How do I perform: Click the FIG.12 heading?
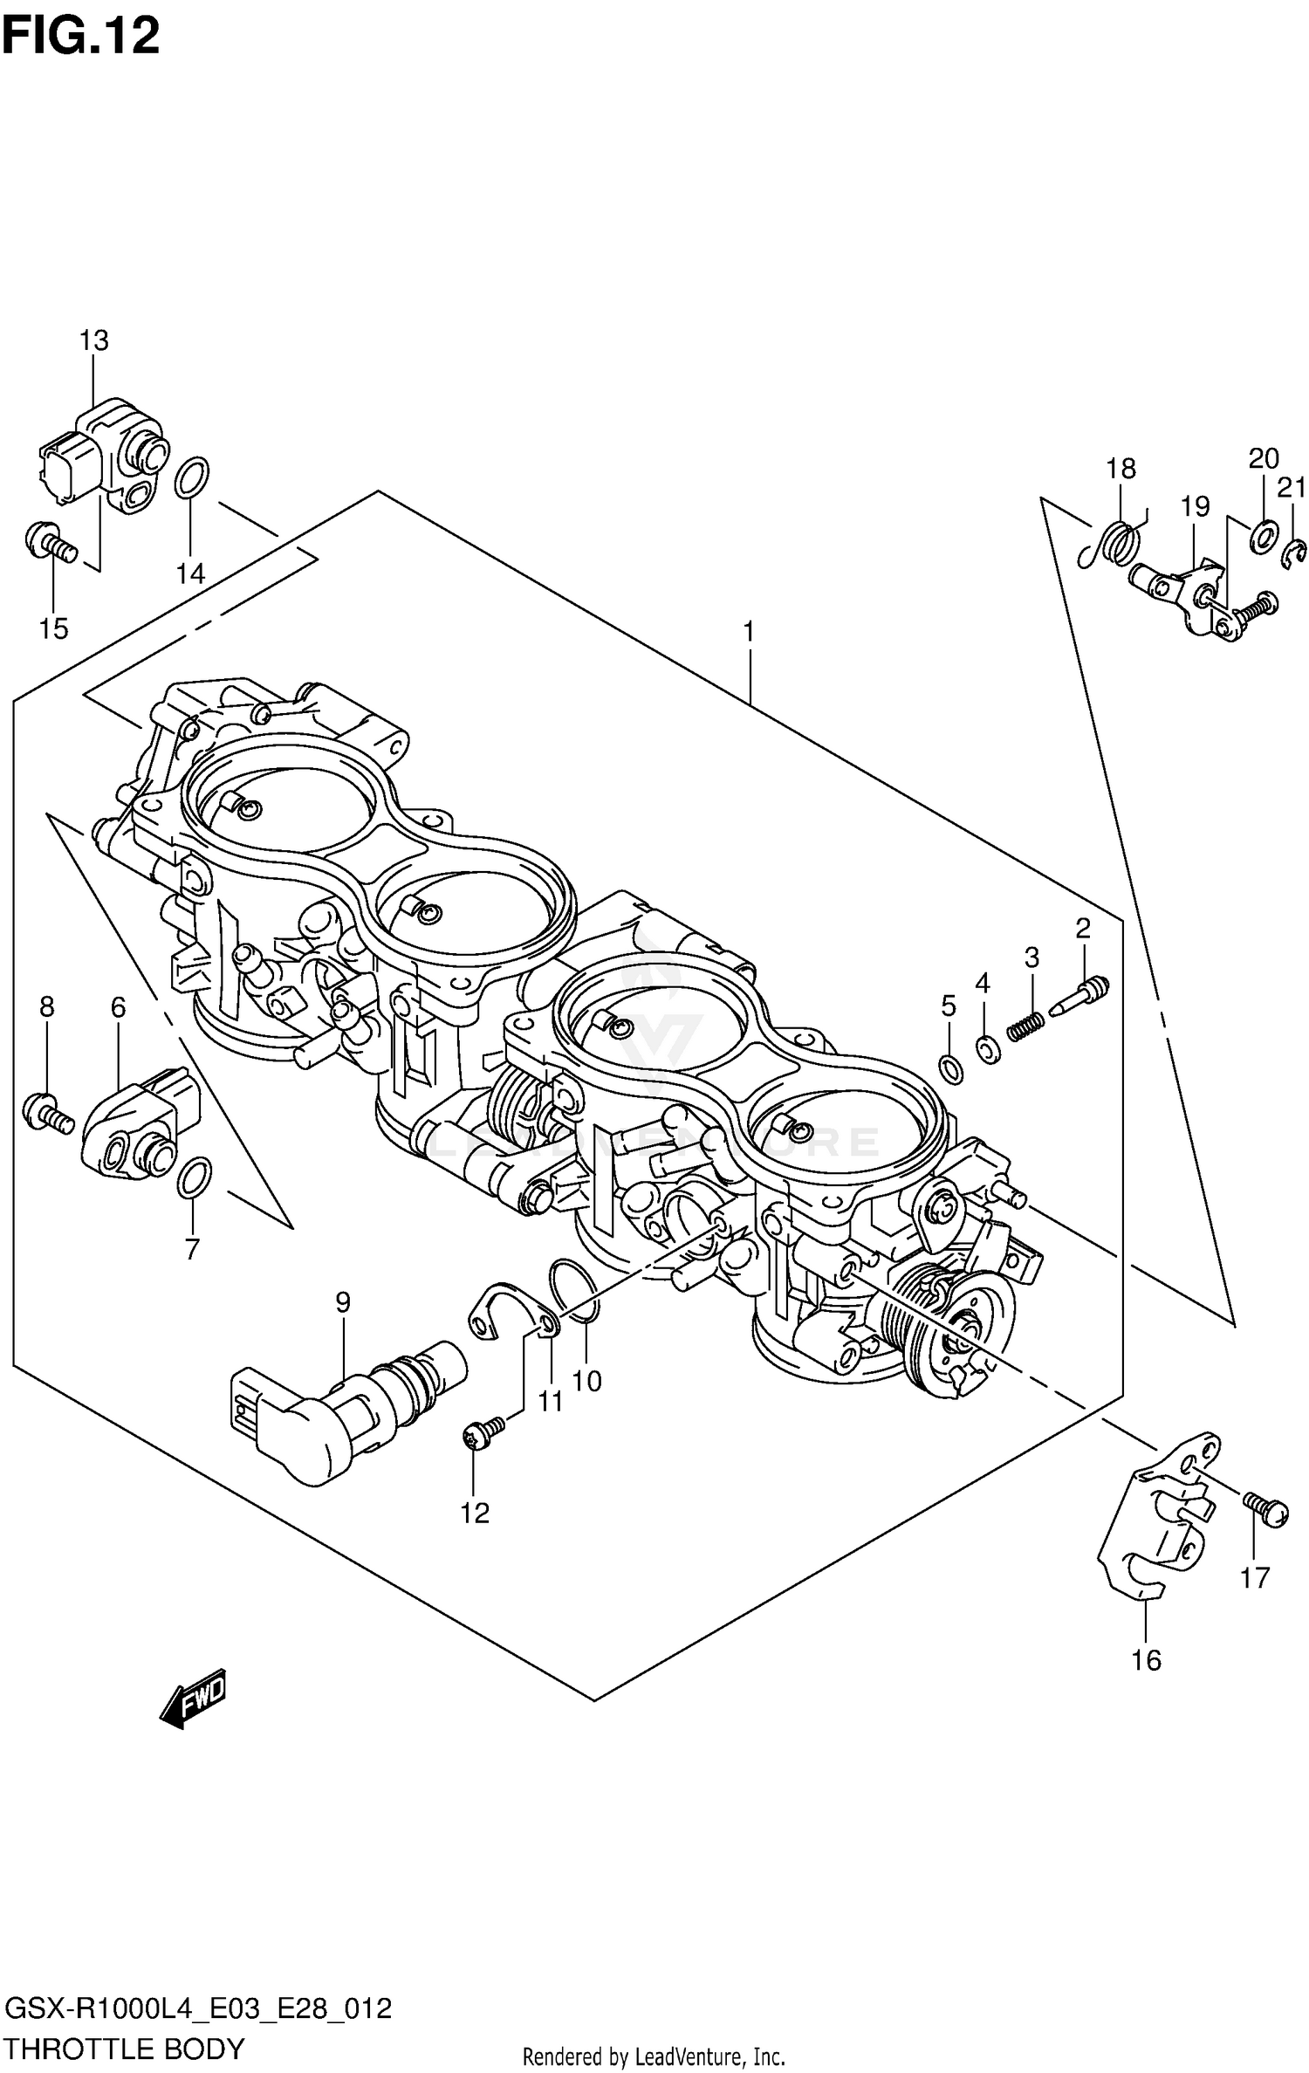(80, 37)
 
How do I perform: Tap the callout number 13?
(94, 340)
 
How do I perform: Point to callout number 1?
(748, 630)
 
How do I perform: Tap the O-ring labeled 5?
(952, 1068)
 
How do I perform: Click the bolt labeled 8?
(49, 1113)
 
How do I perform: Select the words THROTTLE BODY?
(124, 2047)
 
